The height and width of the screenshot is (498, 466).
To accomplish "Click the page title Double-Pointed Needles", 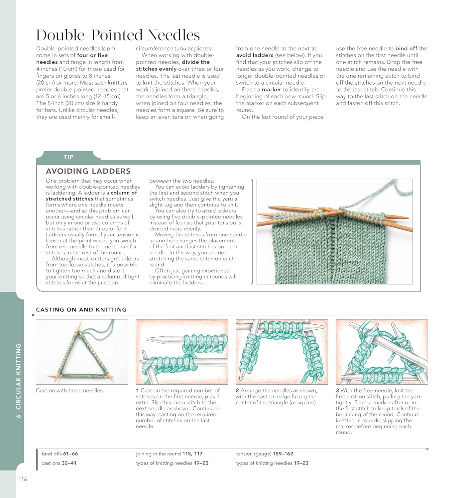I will [x=118, y=35].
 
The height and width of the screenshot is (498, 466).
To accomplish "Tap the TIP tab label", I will [x=68, y=157].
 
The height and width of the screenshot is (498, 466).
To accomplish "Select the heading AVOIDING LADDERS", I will [x=88, y=171].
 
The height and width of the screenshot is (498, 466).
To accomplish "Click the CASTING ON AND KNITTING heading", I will [x=81, y=309].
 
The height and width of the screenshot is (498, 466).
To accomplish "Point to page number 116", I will [x=23, y=479].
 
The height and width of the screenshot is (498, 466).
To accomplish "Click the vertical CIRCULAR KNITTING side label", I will [x=19, y=380].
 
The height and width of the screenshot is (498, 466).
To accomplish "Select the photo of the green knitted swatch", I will [x=334, y=231].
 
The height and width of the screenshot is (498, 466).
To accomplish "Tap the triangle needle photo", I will [x=82, y=352].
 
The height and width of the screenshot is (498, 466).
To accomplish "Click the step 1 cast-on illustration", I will [x=182, y=352].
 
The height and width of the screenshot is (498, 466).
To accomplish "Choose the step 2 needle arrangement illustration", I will [x=282, y=352].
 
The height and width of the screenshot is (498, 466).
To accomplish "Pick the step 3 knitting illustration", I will [x=382, y=352].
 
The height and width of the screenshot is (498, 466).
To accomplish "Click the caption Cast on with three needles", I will [x=70, y=390].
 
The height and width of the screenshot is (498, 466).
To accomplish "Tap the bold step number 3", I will [x=337, y=390].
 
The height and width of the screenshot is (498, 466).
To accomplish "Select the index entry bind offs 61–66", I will [x=60, y=454].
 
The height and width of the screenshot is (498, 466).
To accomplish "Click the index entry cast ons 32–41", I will [x=59, y=463].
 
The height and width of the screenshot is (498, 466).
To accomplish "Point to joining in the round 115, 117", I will [x=169, y=454].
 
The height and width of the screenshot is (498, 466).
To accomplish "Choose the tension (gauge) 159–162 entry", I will [x=265, y=454].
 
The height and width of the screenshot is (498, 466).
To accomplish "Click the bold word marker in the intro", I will [x=271, y=89].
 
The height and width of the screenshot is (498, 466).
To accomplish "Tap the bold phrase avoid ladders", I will [x=255, y=55].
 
